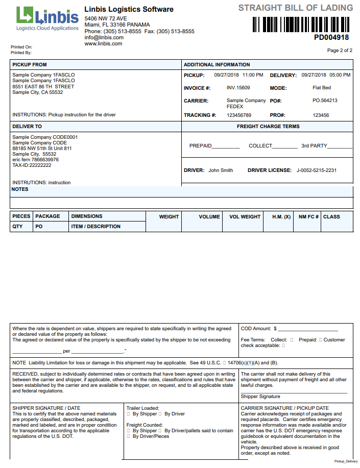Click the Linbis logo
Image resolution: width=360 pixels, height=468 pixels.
tap(47, 18)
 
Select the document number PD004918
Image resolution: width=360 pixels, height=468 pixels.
tap(331, 37)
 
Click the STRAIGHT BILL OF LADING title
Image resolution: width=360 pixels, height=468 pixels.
tap(296, 8)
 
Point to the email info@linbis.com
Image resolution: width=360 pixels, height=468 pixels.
tap(104, 37)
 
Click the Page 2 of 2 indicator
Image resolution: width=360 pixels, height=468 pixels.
tap(340, 51)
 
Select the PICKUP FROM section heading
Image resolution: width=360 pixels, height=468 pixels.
tap(30, 65)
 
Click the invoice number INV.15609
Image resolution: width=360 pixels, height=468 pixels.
tap(238, 88)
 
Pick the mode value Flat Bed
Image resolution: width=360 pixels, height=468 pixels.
tap(322, 88)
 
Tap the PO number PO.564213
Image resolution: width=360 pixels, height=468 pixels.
tap(325, 101)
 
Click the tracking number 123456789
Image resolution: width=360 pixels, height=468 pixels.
tap(239, 115)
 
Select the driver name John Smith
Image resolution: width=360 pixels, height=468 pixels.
tap(221, 170)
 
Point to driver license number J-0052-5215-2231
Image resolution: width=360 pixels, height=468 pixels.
tap(317, 170)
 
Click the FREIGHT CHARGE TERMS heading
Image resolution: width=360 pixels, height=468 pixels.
tap(268, 127)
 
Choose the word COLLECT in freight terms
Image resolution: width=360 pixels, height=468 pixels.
tap(260, 146)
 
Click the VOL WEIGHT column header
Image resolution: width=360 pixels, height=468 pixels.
tap(245, 216)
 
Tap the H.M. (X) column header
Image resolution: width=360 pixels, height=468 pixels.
tap(281, 216)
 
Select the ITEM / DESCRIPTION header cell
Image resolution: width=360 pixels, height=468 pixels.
tap(96, 227)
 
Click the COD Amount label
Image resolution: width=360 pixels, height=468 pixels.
tap(256, 329)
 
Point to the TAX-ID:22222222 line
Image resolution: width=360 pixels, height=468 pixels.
tap(32, 165)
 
